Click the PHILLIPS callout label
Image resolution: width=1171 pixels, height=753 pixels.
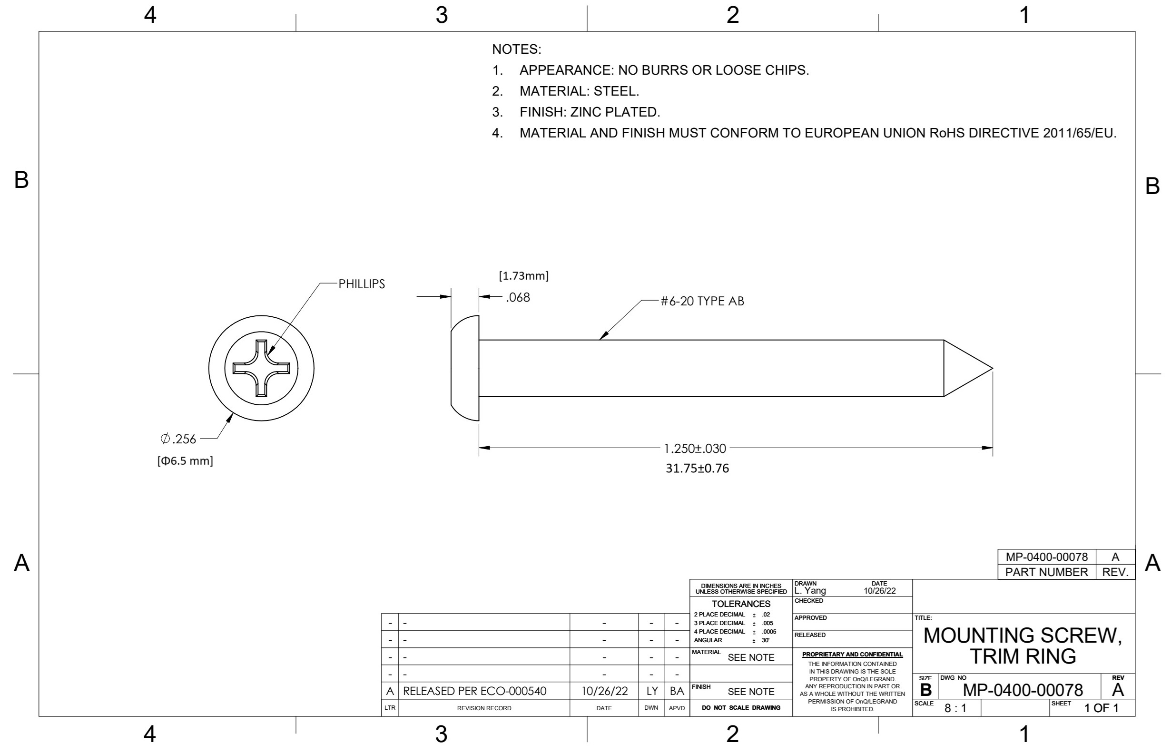(362, 284)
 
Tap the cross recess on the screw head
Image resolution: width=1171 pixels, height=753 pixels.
(261, 368)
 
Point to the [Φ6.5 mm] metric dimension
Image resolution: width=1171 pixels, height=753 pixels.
(185, 461)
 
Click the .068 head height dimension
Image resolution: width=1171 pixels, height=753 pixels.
(518, 298)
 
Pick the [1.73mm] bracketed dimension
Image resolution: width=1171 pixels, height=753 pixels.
(523, 276)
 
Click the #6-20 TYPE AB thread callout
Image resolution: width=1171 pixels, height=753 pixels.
(702, 301)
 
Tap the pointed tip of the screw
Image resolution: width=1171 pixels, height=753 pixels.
(993, 368)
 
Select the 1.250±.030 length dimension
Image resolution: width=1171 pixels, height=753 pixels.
(695, 449)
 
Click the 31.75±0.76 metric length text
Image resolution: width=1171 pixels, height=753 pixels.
(697, 469)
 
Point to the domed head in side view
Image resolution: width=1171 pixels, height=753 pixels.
(465, 368)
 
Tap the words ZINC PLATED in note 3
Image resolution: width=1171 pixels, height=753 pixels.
(615, 112)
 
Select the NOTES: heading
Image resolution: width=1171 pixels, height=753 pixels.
(517, 49)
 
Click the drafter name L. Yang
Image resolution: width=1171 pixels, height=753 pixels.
(810, 591)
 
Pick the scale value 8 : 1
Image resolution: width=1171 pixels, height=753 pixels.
(955, 708)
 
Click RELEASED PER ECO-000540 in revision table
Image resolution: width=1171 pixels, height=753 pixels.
(474, 691)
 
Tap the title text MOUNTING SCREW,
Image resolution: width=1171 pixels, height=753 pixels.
(1023, 635)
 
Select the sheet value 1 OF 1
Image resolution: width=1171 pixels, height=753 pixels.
(1102, 708)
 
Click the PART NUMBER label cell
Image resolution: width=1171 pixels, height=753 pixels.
(1047, 572)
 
